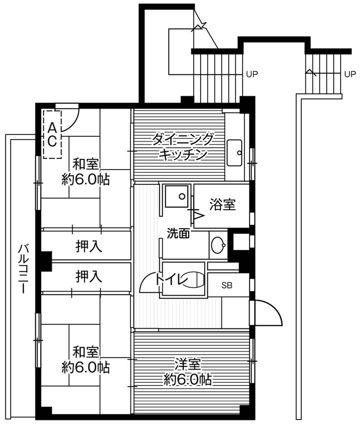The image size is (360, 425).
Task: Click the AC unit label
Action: (x=52, y=134)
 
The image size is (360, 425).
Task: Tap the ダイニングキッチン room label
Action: (x=183, y=147)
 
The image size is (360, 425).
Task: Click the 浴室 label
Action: (x=222, y=205)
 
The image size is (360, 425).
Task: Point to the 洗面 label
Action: (x=178, y=233)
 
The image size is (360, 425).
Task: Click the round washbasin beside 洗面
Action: (x=217, y=245)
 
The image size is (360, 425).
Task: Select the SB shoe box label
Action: (x=227, y=286)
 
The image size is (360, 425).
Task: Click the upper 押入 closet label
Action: (x=88, y=247)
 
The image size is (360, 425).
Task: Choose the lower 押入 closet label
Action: (x=88, y=276)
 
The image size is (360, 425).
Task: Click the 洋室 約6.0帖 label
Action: (x=187, y=372)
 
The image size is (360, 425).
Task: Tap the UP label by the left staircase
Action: (x=252, y=74)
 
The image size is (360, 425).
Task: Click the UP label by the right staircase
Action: (x=350, y=74)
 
